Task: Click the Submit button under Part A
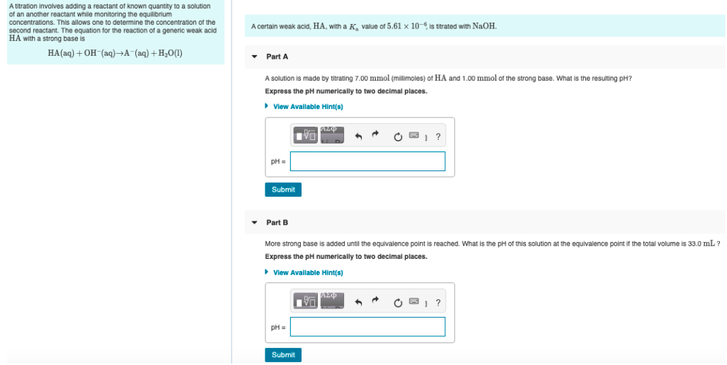pos(283,190)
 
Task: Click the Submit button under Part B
pos(283,354)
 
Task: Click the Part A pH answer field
pos(367,161)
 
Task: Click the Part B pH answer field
pos(367,327)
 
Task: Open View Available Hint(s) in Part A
pos(307,106)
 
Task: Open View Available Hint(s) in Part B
pos(307,272)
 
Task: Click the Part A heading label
pos(277,57)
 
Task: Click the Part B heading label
pos(277,222)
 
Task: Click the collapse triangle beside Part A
pos(254,57)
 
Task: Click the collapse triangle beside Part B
pos(254,222)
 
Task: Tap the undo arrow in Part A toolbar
pos(359,136)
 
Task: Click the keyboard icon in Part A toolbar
pos(418,136)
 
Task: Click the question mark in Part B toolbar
pos(439,303)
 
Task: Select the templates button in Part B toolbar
pos(306,303)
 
